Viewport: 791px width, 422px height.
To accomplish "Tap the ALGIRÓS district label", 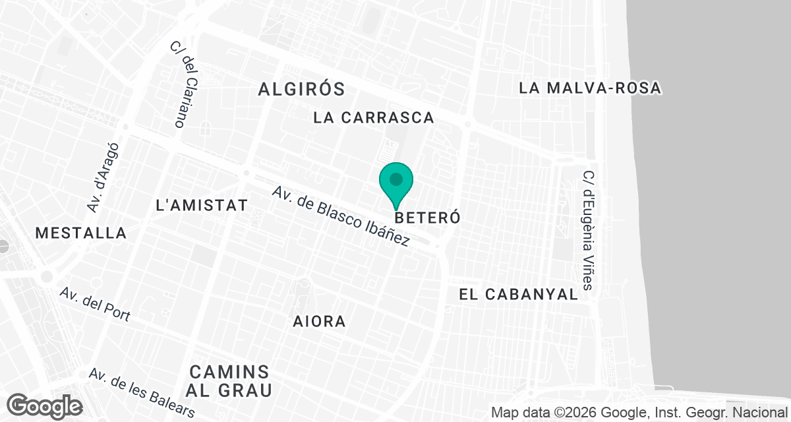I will [x=302, y=89].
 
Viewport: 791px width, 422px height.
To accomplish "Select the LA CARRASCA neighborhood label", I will [x=374, y=118].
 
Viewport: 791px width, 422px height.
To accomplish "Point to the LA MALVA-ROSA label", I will [x=590, y=88].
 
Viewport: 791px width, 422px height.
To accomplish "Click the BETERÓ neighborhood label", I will [x=426, y=218].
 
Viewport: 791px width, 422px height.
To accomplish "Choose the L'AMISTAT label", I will [x=202, y=205].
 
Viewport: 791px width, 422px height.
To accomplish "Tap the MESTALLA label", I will [x=80, y=233].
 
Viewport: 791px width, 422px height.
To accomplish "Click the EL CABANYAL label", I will [x=518, y=295].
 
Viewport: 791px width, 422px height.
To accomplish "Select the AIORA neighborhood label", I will [x=320, y=321].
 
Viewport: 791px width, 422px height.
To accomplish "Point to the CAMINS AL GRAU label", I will [x=228, y=380].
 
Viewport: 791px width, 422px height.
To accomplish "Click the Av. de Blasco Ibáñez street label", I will [x=341, y=216].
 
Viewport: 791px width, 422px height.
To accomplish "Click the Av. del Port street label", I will [x=94, y=305].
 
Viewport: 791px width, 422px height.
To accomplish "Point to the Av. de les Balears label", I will [x=142, y=392].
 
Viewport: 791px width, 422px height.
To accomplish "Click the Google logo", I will [x=44, y=406].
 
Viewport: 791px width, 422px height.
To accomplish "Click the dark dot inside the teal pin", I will [x=396, y=179].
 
